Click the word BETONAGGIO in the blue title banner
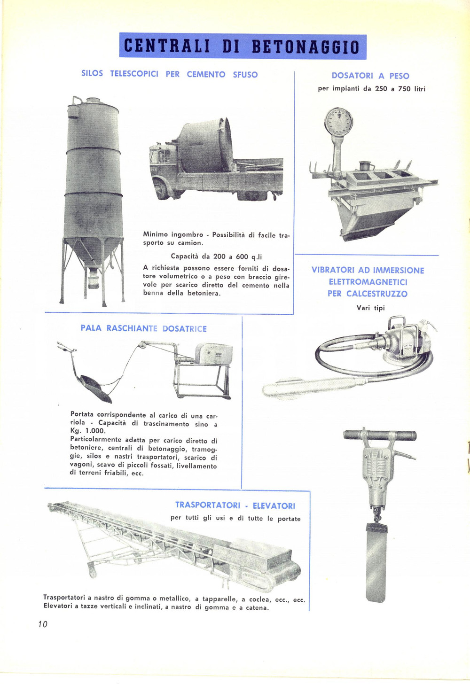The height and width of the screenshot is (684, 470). (305, 47)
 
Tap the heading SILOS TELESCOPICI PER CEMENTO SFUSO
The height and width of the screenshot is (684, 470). (170, 74)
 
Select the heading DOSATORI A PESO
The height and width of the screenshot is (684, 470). (370, 76)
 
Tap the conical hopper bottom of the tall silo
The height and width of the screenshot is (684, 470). (94, 254)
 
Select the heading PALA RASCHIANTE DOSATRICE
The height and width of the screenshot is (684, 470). (143, 328)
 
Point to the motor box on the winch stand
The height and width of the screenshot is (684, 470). (214, 354)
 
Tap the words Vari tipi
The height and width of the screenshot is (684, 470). (370, 308)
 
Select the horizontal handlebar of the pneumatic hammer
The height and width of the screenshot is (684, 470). (380, 435)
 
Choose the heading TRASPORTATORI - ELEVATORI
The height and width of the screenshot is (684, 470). (235, 506)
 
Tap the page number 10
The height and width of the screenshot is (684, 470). (43, 624)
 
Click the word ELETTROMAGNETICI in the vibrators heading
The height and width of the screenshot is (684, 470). (368, 282)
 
